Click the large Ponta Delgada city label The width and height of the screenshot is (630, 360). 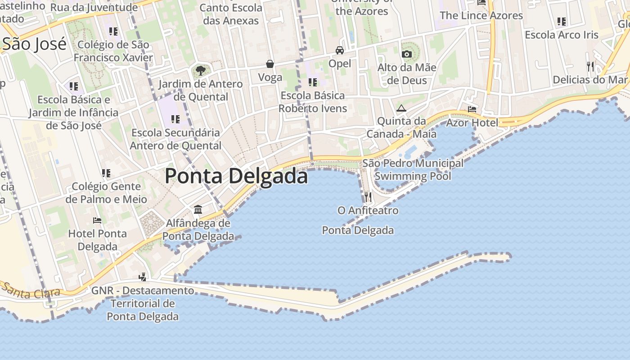pos(236,175)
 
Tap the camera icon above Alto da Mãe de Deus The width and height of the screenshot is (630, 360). pos(407,54)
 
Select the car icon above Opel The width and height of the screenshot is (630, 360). pos(340,50)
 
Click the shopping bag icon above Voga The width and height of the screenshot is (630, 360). pos(270,64)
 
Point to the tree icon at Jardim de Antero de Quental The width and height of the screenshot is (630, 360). pos(200,70)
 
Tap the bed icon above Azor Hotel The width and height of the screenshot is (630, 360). pos(472,109)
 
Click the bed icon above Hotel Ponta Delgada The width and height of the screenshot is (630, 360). pos(97,220)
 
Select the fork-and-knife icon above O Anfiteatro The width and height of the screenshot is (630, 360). pos(368,197)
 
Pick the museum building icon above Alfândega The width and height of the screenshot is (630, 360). pos(198,209)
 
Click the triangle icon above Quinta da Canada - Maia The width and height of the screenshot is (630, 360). pos(401,108)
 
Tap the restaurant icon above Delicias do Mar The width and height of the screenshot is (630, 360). pos(590,67)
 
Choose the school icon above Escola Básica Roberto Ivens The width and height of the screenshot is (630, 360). pos(312,82)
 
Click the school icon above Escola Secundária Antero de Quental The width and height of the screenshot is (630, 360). pos(175,119)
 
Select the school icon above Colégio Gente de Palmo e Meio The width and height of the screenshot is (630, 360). pos(106,173)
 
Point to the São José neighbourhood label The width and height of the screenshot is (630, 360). pos(35,44)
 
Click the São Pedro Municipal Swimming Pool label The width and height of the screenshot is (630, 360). pos(413,170)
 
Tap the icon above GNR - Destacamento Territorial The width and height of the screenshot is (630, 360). pos(143,277)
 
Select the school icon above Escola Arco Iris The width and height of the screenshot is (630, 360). pos(562,21)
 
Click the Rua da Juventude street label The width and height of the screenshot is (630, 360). pos(94,8)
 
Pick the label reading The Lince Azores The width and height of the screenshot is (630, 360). pos(481,15)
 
